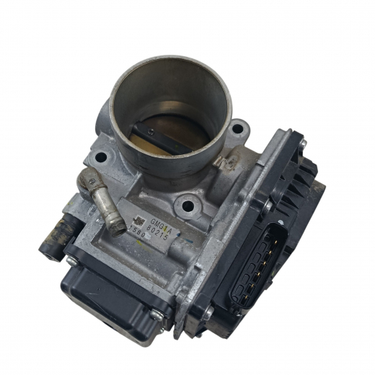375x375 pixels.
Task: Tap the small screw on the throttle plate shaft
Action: coord(151,131)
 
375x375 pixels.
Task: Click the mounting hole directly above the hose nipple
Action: coord(100,156)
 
